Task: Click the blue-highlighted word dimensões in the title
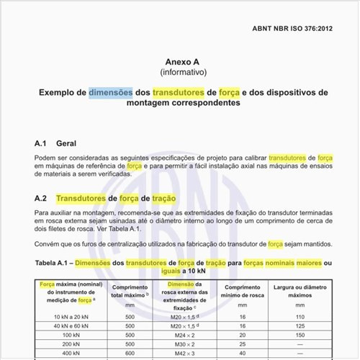coord(111,93)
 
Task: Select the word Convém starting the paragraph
coord(48,245)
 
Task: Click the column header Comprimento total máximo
coord(130,292)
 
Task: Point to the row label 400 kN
coord(71,354)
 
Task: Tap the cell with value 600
coord(130,354)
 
